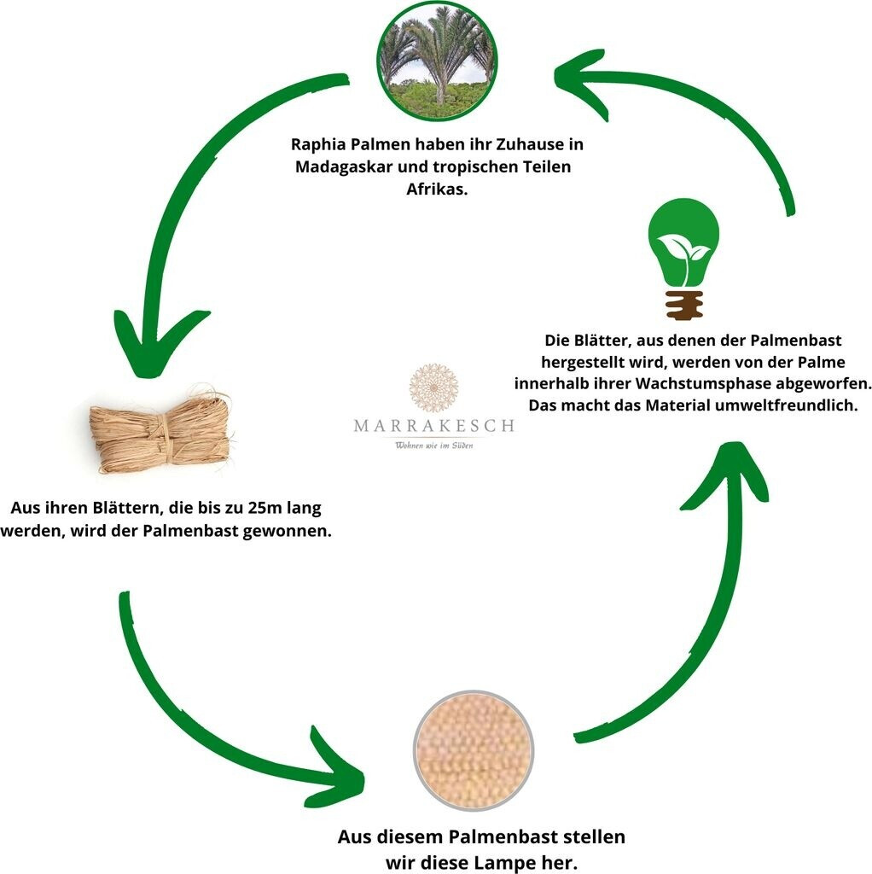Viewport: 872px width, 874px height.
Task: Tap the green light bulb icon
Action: click(x=684, y=243)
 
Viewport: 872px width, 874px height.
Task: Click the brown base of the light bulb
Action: click(x=684, y=304)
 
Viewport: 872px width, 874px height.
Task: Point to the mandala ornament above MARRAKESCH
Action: click(x=434, y=387)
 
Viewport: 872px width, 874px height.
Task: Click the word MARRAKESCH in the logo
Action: click(x=434, y=425)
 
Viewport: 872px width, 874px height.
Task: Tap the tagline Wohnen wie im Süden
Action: click(x=434, y=445)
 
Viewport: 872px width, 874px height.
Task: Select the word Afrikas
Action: click(x=436, y=189)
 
